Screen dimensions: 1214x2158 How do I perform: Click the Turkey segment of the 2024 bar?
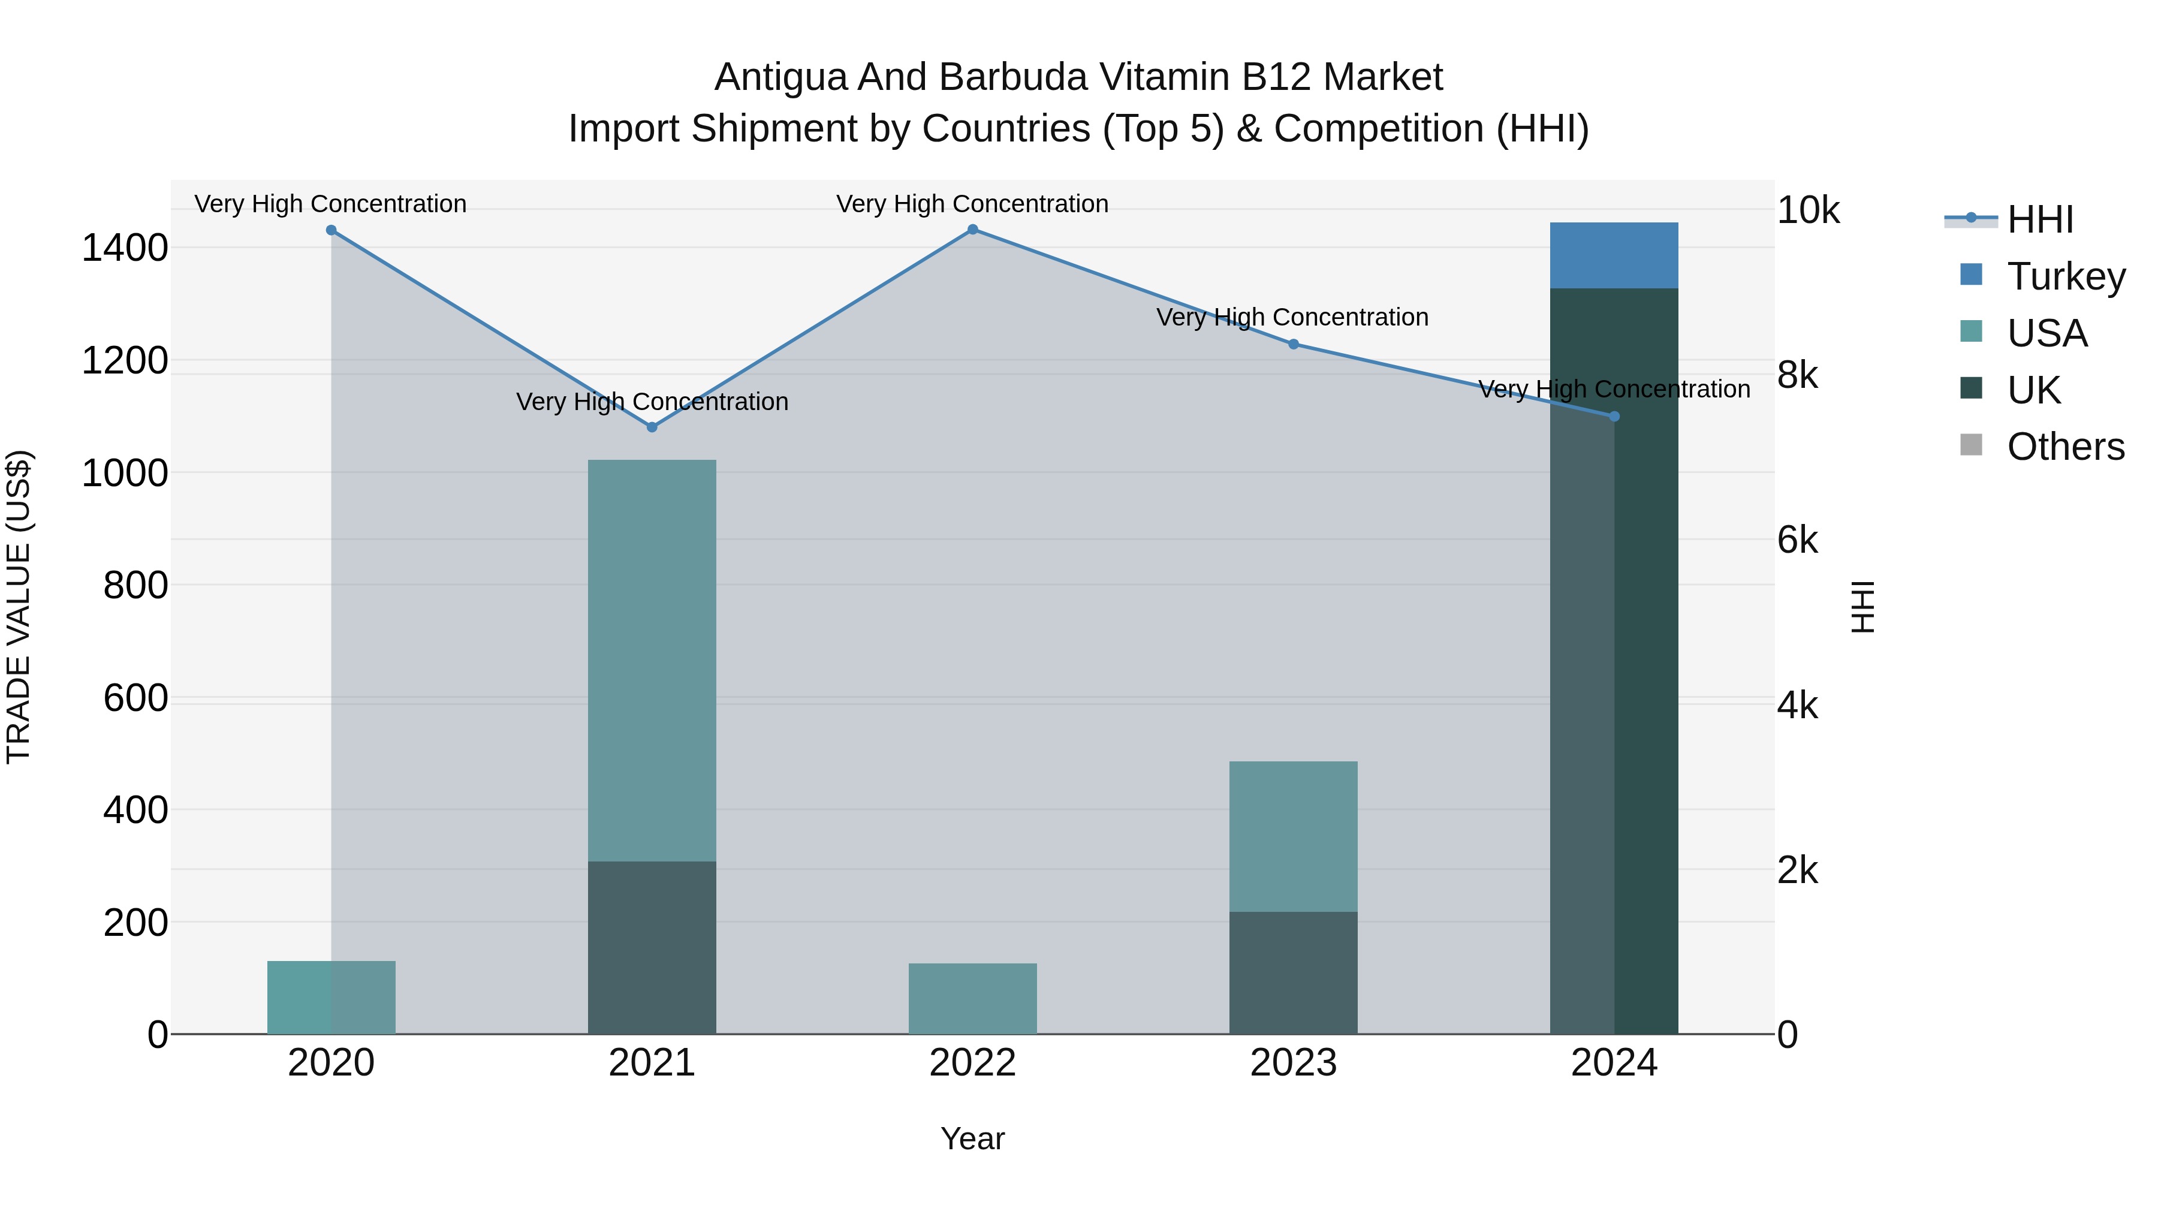[1614, 255]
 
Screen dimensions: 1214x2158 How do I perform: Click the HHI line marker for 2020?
[331, 230]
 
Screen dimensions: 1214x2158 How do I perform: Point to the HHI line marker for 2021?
[652, 427]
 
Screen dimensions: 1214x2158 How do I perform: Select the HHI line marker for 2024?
[1614, 417]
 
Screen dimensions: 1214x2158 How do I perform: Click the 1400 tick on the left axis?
[124, 249]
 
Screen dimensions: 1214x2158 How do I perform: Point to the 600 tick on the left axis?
[135, 698]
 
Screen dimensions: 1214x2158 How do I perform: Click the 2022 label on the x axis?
[973, 1063]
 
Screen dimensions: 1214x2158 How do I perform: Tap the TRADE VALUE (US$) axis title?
[19, 607]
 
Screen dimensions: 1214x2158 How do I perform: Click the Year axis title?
[973, 1138]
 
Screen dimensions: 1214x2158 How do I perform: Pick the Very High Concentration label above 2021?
[652, 402]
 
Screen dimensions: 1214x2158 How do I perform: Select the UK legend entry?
[2033, 390]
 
